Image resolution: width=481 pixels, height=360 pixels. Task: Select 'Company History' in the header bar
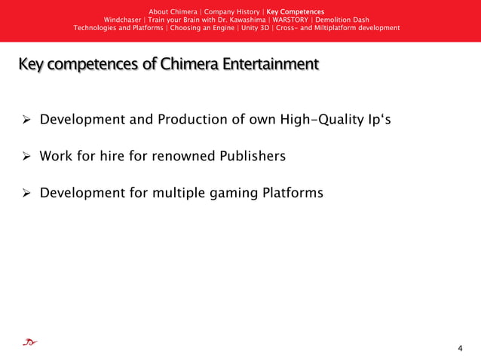tap(231, 11)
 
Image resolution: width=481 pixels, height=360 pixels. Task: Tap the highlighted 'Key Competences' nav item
tap(296, 11)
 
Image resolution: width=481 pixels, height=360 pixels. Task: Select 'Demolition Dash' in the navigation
tap(342, 20)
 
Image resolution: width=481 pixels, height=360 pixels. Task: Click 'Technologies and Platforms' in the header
tap(118, 28)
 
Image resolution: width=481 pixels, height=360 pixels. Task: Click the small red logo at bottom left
tap(29, 343)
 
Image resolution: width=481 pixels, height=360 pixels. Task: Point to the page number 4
tap(460, 348)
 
